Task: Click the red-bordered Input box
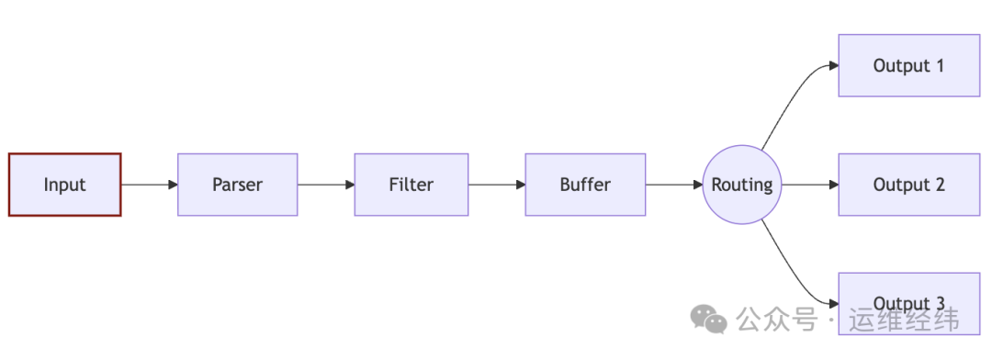64,185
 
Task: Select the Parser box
237,185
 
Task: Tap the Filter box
411,185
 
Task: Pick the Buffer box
585,185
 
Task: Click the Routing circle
742,185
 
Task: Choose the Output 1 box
908,65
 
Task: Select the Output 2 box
908,185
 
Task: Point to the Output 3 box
908,292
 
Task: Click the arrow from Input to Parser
149,185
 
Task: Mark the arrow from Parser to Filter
326,185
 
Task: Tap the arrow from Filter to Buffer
496,185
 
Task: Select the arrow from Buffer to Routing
673,185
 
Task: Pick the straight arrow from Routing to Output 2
809,185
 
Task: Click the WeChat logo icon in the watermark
708,319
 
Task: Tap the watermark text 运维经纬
905,320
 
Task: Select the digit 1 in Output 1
939,65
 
